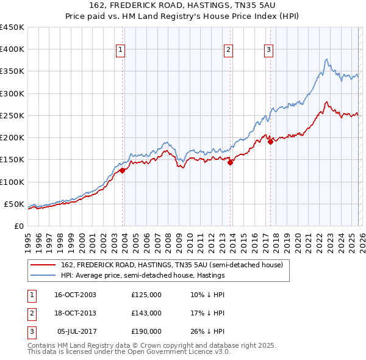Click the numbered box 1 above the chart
pos(120,50)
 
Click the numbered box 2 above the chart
pos(228,50)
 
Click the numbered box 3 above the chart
pos(268,50)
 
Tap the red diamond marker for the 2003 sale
pos(123,171)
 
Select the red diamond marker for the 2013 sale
pos(231,163)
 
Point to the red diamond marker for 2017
pos(270,142)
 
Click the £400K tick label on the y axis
pos(12,49)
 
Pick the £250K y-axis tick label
pos(12,116)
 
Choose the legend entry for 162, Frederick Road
pos(171,265)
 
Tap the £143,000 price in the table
pos(146,313)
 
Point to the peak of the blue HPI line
pos(327,59)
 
